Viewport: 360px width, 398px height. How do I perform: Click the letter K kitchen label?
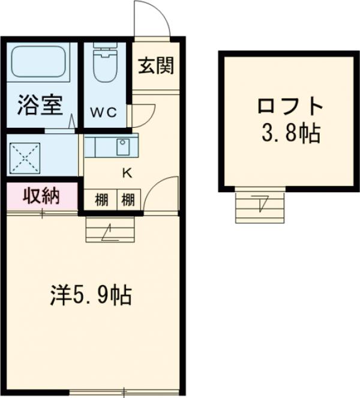point(127,173)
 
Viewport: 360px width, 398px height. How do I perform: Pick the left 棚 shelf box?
point(101,199)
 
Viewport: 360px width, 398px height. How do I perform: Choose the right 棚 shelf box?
point(128,199)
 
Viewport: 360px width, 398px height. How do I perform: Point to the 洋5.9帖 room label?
point(90,295)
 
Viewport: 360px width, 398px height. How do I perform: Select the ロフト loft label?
point(290,109)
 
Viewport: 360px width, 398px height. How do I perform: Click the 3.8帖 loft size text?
point(290,133)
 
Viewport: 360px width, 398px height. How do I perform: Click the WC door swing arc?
point(144,114)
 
